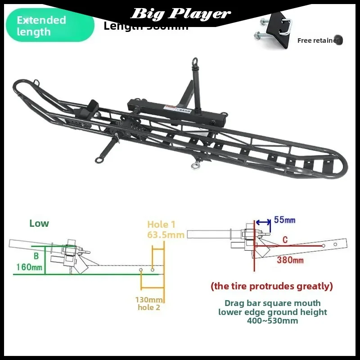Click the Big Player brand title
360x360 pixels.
(180, 13)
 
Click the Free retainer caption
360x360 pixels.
(318, 40)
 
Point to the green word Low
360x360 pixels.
(39, 224)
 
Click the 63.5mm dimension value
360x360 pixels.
(166, 235)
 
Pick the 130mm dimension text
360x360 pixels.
(149, 300)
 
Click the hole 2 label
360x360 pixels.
(149, 308)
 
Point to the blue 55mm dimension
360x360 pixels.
(284, 220)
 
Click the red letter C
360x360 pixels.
(285, 240)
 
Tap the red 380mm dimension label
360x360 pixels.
(290, 260)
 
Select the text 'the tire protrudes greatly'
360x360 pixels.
(272, 286)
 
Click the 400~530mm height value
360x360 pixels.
(272, 321)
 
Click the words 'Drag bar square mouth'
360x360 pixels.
(272, 303)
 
